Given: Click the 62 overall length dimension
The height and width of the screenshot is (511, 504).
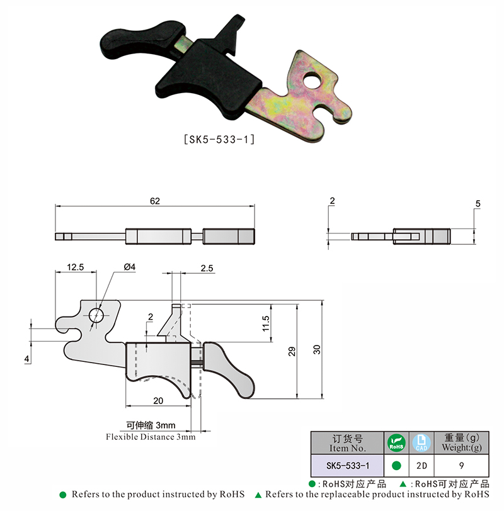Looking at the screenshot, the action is pyautogui.click(x=155, y=201).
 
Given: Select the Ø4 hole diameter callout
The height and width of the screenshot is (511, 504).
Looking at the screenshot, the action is pyautogui.click(x=130, y=267).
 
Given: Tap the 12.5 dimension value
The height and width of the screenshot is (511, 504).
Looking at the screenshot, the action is pyautogui.click(x=76, y=267).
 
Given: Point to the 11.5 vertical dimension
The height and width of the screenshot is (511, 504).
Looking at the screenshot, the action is pyautogui.click(x=266, y=323).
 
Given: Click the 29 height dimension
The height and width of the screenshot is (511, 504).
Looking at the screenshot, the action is pyautogui.click(x=292, y=351).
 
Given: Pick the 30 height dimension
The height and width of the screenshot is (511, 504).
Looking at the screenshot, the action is pyautogui.click(x=317, y=350).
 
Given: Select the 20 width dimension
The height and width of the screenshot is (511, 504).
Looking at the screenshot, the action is pyautogui.click(x=158, y=400).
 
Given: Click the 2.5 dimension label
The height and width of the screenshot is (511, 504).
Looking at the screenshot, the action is pyautogui.click(x=207, y=268).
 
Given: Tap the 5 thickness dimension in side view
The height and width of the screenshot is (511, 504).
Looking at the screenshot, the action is pyautogui.click(x=478, y=204).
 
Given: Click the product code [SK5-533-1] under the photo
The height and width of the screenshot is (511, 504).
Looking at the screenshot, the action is pyautogui.click(x=219, y=140).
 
